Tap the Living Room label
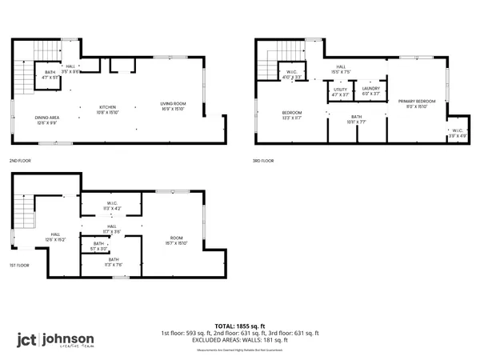click(x=173, y=106)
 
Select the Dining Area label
click(x=45, y=120)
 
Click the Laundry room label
click(x=370, y=90)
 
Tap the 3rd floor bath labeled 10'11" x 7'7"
click(x=355, y=121)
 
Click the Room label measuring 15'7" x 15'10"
click(x=177, y=239)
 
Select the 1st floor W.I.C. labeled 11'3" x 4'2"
click(x=113, y=206)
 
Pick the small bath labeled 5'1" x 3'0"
click(x=99, y=246)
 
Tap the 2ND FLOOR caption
click(x=21, y=160)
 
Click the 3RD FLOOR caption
click(x=262, y=160)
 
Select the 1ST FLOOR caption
click(x=20, y=265)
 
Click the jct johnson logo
click(x=55, y=340)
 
